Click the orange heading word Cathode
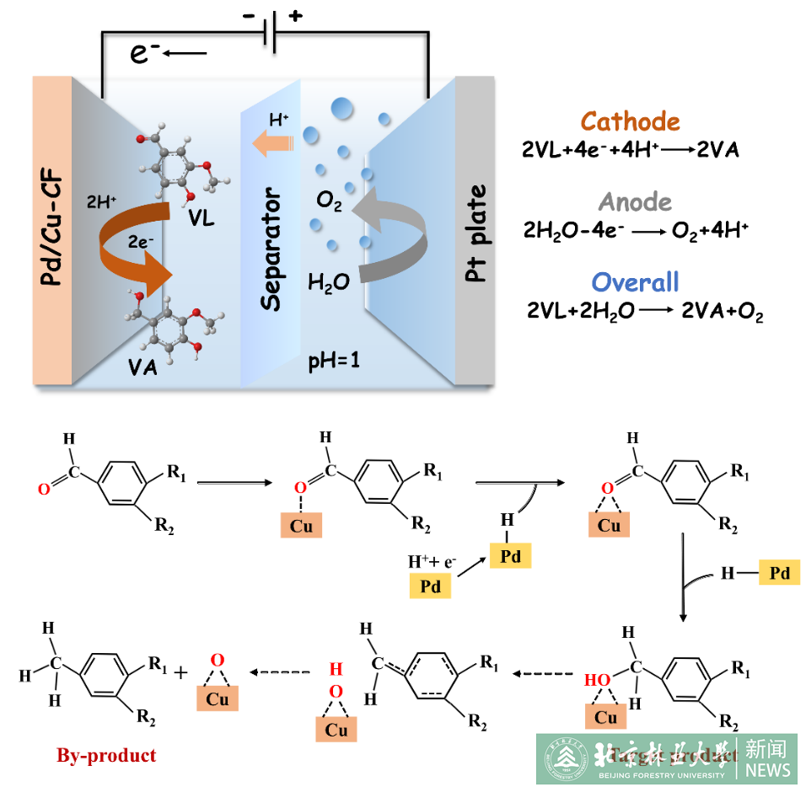(x=630, y=122)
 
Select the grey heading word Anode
(x=635, y=202)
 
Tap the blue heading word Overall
(x=635, y=282)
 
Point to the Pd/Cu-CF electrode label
(x=52, y=228)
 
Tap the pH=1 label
(x=333, y=364)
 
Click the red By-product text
(x=106, y=755)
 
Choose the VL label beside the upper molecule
(x=201, y=220)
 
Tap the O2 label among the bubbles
(x=329, y=201)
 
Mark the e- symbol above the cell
(x=145, y=54)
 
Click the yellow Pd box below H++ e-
(x=430, y=586)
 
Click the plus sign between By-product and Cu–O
(x=180, y=672)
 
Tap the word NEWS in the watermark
(x=767, y=770)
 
